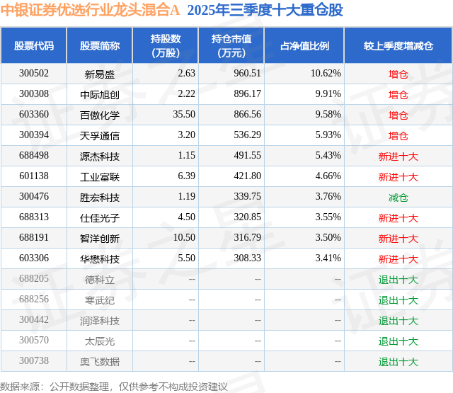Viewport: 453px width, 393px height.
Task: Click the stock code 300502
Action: pyautogui.click(x=34, y=74)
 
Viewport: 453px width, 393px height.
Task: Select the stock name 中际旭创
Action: pyautogui.click(x=100, y=94)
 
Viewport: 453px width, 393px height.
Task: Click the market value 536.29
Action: pyautogui.click(x=247, y=135)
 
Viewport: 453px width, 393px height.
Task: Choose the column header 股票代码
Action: pyautogui.click(x=34, y=46)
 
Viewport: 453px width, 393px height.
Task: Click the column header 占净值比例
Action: pyautogui.click(x=304, y=46)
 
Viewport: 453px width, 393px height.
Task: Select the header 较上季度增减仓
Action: pyautogui.click(x=398, y=46)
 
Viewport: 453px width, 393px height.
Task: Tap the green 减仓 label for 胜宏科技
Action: pyautogui.click(x=398, y=198)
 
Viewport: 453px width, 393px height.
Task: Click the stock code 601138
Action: pyautogui.click(x=34, y=176)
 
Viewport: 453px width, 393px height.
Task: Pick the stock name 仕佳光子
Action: pyautogui.click(x=100, y=218)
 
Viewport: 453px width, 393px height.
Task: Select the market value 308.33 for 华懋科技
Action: pyautogui.click(x=247, y=259)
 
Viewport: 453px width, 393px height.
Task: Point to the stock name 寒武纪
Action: pyautogui.click(x=100, y=300)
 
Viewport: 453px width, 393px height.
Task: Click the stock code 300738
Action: pyautogui.click(x=34, y=361)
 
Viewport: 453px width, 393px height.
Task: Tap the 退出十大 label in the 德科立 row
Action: pyautogui.click(x=398, y=280)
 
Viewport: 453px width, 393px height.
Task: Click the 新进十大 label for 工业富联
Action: pyautogui.click(x=398, y=177)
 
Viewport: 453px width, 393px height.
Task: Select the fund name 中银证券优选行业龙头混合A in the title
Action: pyautogui.click(x=91, y=11)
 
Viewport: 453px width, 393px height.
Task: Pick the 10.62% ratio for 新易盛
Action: pyautogui.click(x=326, y=74)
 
